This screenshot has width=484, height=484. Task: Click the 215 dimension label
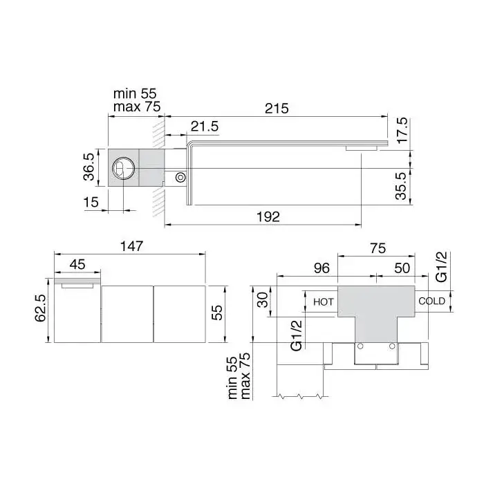click(277, 109)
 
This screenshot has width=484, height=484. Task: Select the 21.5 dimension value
click(205, 127)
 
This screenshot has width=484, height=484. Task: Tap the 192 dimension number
click(268, 217)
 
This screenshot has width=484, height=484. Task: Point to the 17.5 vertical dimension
click(402, 130)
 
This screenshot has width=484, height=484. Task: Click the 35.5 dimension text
click(400, 186)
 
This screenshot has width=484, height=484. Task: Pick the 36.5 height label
click(89, 167)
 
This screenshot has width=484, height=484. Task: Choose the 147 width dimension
click(132, 246)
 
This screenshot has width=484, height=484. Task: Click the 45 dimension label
click(77, 265)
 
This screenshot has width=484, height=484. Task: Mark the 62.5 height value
click(40, 308)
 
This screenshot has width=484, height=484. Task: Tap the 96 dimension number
click(322, 268)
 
